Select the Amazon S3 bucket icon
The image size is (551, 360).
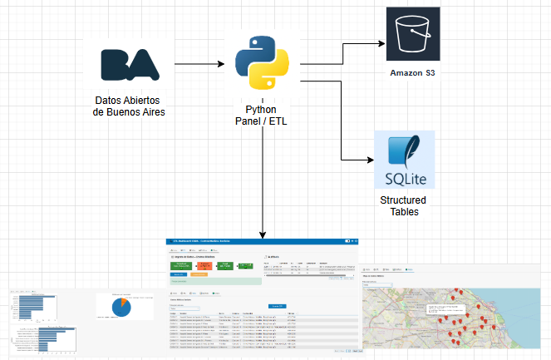pyautogui.click(x=414, y=33)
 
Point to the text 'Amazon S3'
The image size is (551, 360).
pyautogui.click(x=413, y=74)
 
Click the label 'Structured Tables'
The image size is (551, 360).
pyautogui.click(x=404, y=206)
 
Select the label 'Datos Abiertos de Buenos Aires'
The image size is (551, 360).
pyautogui.click(x=129, y=106)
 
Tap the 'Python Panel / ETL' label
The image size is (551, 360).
pyautogui.click(x=262, y=116)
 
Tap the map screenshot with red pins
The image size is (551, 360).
pyautogui.click(x=455, y=309)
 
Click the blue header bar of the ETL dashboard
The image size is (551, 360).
pyautogui.click(x=262, y=241)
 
